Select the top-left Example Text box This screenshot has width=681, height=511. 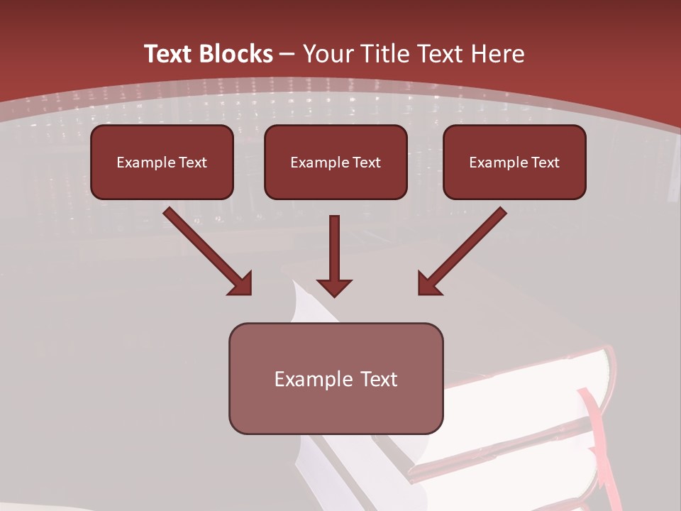[x=162, y=162]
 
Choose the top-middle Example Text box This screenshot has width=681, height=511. [x=336, y=162]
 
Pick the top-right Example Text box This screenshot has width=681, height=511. [x=514, y=162]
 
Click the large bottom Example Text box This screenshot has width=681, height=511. [x=336, y=378]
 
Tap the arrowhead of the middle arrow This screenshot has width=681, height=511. [x=334, y=287]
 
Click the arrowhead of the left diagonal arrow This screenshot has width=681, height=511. [x=241, y=284]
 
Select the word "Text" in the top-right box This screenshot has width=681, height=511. [x=545, y=163]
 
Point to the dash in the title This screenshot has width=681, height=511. [x=287, y=54]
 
